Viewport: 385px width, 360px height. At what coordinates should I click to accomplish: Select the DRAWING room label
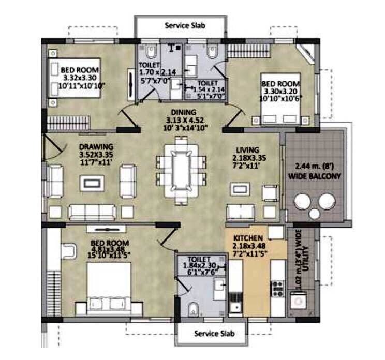tap(96, 146)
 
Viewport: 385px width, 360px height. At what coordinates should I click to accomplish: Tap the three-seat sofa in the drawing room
tap(93, 211)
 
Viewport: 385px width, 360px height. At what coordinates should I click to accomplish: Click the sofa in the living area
tap(241, 211)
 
